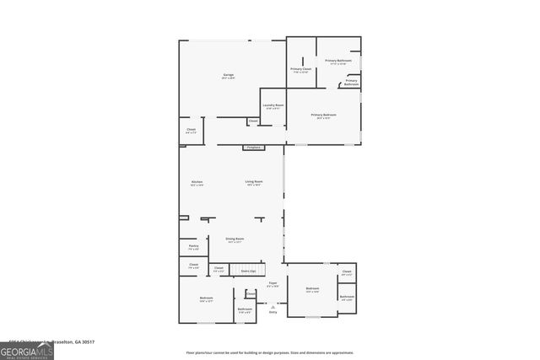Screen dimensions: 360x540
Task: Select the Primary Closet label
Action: (301, 70)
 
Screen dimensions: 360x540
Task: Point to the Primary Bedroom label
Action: (323, 116)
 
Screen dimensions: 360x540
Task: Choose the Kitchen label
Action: (197, 183)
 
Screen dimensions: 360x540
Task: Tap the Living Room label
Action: (254, 183)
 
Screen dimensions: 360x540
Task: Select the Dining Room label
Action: (235, 240)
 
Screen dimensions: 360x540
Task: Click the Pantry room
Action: (193, 247)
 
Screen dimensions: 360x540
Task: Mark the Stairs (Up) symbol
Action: (248, 271)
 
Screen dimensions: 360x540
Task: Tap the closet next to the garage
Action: (191, 132)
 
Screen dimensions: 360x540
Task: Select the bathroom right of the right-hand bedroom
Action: (347, 298)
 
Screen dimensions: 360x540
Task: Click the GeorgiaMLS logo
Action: (27, 347)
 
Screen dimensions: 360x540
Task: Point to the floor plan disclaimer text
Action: (269, 352)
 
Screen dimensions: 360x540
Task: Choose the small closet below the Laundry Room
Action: (253, 121)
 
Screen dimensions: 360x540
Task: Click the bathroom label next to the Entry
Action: (245, 310)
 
